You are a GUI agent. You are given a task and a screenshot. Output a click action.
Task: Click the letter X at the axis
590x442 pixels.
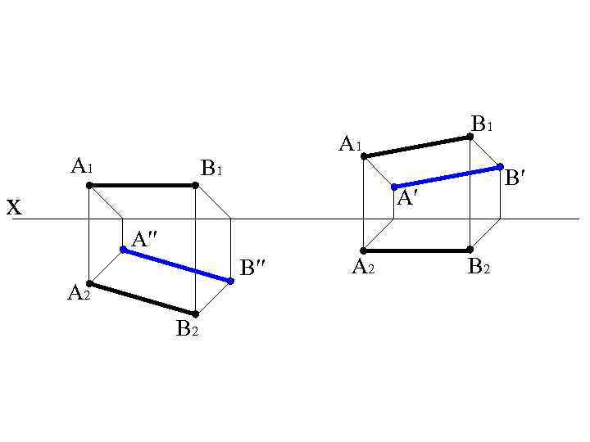click(x=14, y=208)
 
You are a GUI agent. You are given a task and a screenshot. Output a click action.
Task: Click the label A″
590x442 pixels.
click(x=144, y=239)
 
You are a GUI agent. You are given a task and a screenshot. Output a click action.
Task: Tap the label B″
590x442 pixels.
click(x=252, y=268)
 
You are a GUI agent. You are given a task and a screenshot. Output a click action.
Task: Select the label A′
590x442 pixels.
click(x=407, y=198)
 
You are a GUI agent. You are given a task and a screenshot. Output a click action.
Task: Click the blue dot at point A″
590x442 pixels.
click(x=123, y=250)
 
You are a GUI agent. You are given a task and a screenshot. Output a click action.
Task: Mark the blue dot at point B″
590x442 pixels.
click(x=231, y=281)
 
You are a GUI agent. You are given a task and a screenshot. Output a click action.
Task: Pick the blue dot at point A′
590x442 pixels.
click(x=394, y=187)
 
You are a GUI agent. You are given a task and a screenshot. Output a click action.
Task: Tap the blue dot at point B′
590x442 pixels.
click(x=500, y=167)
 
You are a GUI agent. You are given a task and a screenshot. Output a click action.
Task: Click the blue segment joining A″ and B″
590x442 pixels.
click(x=177, y=265)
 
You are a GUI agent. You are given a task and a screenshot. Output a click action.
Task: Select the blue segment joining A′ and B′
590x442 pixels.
click(x=447, y=177)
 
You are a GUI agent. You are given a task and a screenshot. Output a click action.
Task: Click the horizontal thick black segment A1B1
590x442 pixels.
click(x=142, y=185)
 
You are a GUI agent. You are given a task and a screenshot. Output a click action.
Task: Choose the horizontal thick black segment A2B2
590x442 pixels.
click(x=416, y=250)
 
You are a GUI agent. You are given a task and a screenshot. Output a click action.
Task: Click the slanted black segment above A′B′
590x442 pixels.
click(x=416, y=146)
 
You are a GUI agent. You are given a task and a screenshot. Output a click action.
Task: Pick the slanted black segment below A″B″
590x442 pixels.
click(x=142, y=299)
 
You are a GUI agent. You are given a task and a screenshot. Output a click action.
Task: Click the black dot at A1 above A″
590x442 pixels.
click(x=89, y=185)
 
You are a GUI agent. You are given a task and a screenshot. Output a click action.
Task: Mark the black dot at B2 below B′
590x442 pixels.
click(x=470, y=250)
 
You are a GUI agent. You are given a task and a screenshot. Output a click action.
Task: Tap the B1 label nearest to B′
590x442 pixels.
click(x=482, y=124)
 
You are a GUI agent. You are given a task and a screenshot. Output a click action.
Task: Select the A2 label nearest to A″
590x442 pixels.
click(x=78, y=293)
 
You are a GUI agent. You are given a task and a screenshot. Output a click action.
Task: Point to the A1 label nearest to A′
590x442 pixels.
click(x=350, y=145)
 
